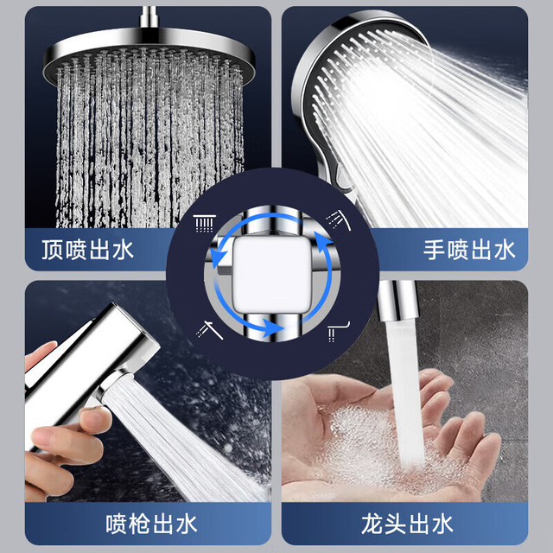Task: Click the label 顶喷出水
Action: (x=88, y=250)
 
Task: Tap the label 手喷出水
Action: (x=469, y=250)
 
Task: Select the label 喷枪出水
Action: (x=151, y=524)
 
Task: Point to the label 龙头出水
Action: (x=407, y=524)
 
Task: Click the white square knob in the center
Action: (x=270, y=274)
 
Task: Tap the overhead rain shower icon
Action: (x=205, y=223)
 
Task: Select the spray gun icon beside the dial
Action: (x=209, y=330)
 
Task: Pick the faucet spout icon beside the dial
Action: (x=338, y=332)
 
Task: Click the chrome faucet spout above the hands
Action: (x=397, y=302)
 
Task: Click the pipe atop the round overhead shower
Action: (x=149, y=17)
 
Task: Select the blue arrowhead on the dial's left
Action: (x=219, y=255)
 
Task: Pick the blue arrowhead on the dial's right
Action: (x=324, y=244)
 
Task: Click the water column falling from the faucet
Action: (x=405, y=391)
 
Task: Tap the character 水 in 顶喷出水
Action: (x=123, y=250)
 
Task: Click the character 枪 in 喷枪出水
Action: (x=139, y=524)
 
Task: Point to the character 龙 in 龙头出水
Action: (x=372, y=524)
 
